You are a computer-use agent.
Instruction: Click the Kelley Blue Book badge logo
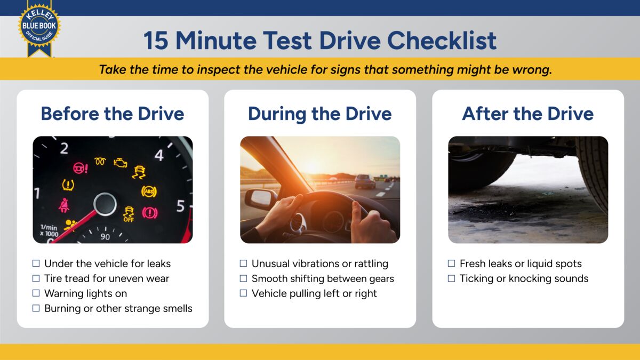click(39, 27)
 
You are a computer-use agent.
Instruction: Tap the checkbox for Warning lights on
click(36, 293)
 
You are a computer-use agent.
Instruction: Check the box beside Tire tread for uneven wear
click(36, 278)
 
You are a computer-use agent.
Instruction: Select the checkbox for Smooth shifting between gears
click(243, 278)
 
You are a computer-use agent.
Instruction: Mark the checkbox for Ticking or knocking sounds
click(451, 278)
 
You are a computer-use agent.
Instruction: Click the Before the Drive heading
click(113, 114)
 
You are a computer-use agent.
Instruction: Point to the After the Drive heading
click(527, 114)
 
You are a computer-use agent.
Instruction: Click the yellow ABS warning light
click(149, 191)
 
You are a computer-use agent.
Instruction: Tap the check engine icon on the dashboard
click(121, 163)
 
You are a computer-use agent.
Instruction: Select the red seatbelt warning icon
click(64, 205)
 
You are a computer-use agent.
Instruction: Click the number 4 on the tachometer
click(159, 155)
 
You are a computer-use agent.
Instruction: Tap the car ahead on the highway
click(365, 181)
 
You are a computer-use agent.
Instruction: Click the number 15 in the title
click(155, 41)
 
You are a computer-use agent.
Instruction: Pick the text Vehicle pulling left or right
click(314, 293)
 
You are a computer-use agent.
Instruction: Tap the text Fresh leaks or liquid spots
click(521, 263)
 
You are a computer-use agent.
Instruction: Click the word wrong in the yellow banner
click(532, 70)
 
